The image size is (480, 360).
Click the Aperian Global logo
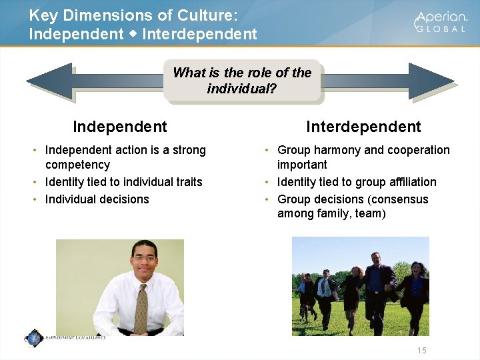coord(441,22)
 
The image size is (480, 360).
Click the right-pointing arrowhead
coord(430,81)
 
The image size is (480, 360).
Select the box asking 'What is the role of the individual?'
coord(241,80)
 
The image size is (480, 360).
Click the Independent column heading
coord(120,127)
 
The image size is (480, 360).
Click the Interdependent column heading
coord(363,127)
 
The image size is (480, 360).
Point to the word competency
coord(77,165)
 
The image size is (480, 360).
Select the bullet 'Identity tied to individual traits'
coord(123,182)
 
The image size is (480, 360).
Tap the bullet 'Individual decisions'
coord(97,199)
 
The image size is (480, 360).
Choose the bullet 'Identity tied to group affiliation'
coord(357,182)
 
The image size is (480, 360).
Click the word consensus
coord(400,199)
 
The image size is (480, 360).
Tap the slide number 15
coord(421,351)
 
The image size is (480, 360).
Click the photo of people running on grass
coord(360,286)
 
